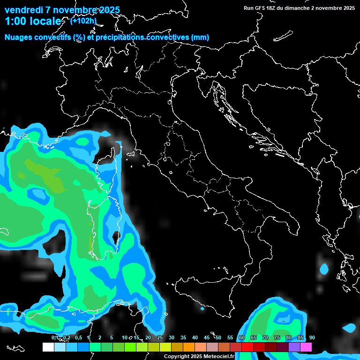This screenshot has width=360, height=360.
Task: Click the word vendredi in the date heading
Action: tap(23, 10)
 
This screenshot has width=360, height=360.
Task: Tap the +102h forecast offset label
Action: tap(83, 21)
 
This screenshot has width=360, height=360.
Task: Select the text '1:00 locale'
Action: tap(33, 21)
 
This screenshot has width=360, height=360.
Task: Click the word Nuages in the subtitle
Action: tap(18, 37)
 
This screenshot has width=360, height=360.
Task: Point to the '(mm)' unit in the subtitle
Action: tap(200, 37)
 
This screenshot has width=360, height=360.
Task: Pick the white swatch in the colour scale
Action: tap(48, 347)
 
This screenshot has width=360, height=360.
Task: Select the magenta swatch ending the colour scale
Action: tap(306, 347)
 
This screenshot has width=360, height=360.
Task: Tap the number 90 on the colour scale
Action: tap(312, 337)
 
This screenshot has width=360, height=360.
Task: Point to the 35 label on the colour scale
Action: tap(183, 337)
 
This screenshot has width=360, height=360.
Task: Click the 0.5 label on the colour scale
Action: tap(78, 337)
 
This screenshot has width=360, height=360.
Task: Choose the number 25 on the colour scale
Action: tap(159, 337)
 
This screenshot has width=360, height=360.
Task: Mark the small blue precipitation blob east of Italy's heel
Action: tap(324, 269)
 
